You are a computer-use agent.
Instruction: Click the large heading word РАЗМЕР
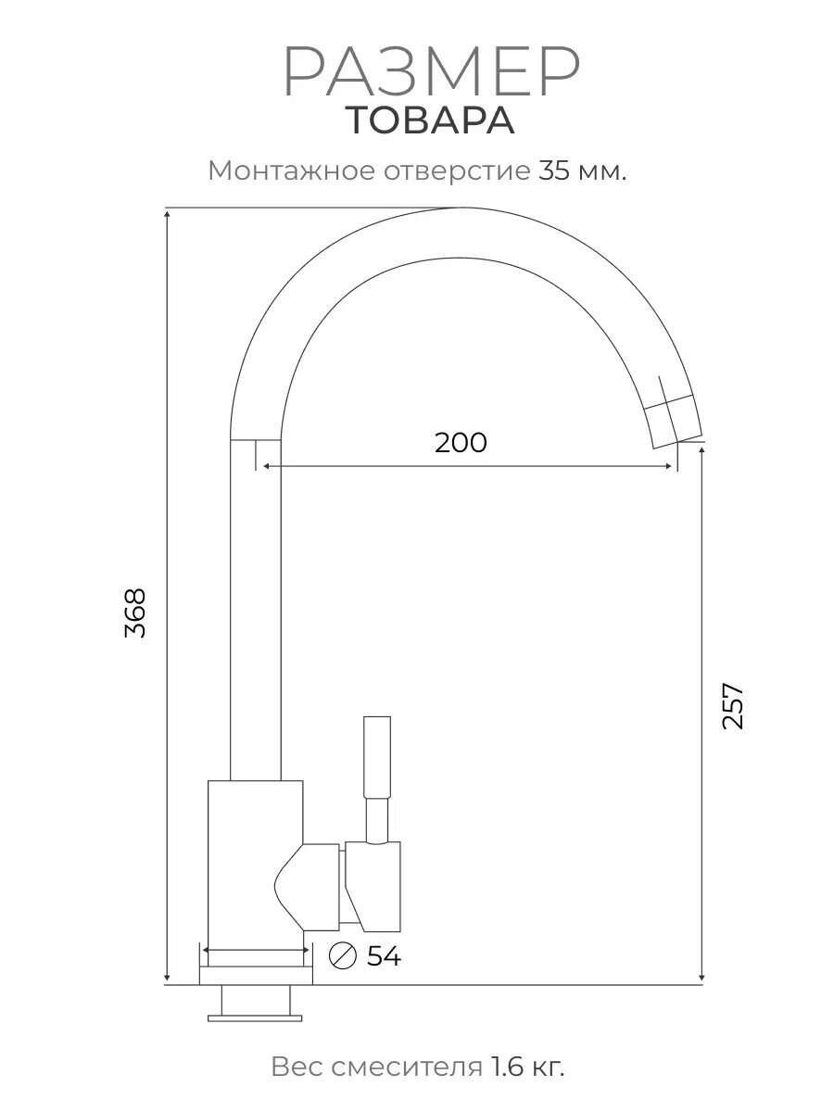431,72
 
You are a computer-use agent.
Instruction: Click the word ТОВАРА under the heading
431,121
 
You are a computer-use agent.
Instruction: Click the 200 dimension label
461,442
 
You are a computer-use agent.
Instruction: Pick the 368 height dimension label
135,613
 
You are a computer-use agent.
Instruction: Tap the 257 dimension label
732,706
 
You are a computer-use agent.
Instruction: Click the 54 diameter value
384,956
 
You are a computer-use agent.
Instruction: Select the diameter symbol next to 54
344,955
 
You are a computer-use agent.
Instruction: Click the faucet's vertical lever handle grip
377,757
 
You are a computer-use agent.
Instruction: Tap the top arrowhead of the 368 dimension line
167,214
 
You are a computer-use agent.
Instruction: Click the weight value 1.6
505,1067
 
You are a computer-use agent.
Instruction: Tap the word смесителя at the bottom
399,1067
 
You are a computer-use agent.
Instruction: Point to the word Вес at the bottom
292,1067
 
